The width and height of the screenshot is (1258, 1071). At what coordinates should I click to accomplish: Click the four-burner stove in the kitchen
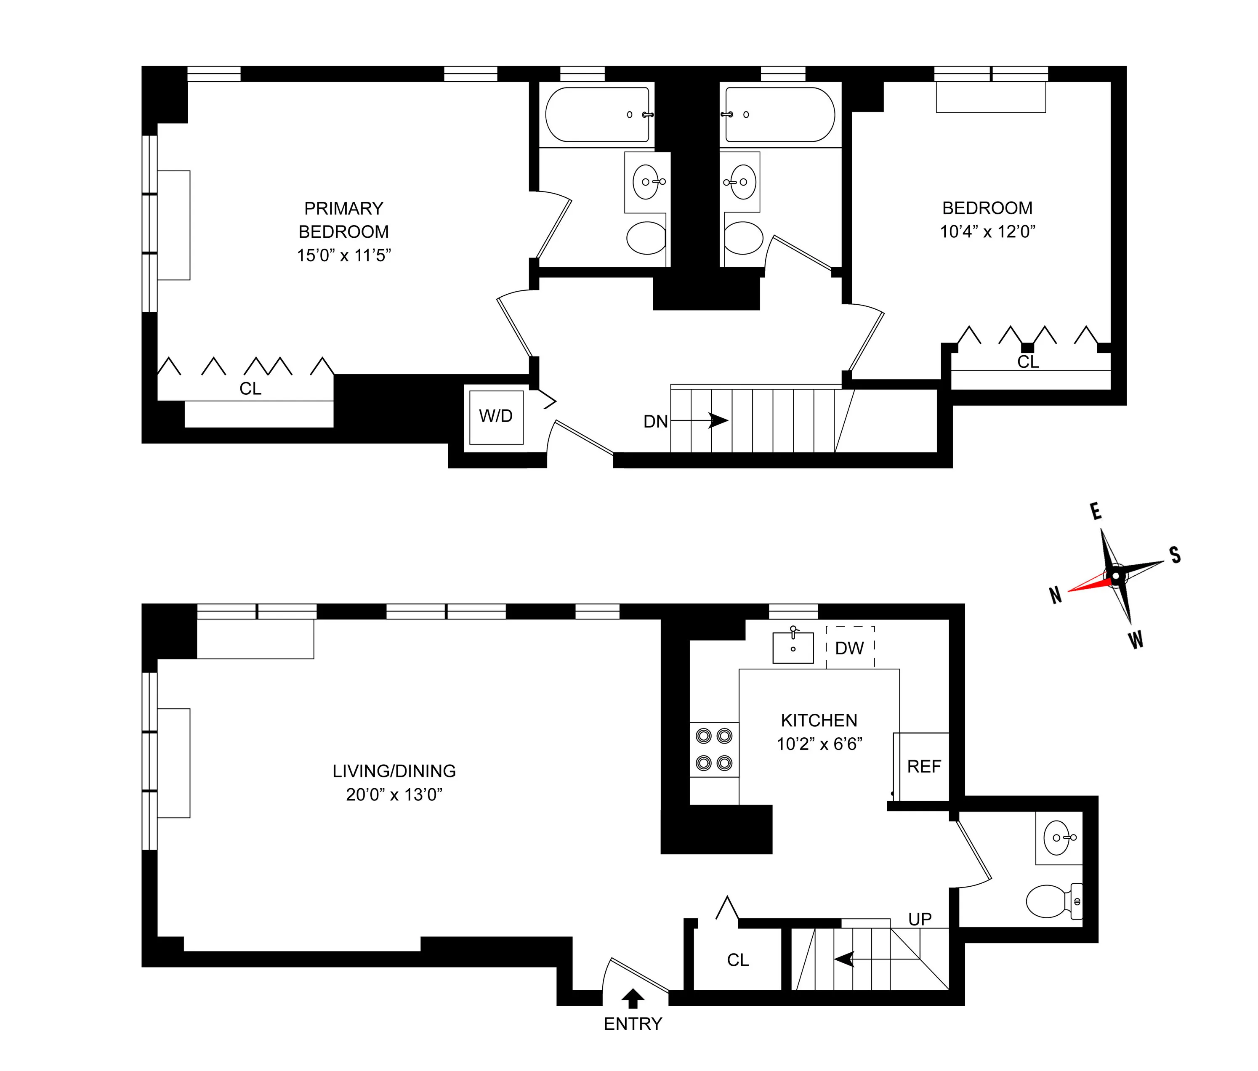pos(714,749)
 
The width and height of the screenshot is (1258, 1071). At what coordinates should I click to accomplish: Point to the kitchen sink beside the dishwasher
pos(793,647)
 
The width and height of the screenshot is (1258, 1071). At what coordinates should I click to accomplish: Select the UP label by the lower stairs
pos(920,919)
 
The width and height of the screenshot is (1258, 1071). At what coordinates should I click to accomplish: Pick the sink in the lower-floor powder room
pos(1058,838)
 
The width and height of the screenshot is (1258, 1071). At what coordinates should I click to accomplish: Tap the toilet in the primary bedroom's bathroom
pos(646,238)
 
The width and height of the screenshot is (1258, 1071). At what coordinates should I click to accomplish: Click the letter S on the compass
pos(1175,555)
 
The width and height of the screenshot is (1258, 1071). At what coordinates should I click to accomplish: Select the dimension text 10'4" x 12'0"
pos(987,232)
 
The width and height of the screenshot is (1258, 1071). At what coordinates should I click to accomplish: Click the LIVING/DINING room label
pos(394,771)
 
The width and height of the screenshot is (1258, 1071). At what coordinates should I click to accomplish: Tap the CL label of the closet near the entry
pos(738,960)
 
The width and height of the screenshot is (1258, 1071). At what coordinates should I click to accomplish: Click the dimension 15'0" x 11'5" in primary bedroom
pos(343,255)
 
